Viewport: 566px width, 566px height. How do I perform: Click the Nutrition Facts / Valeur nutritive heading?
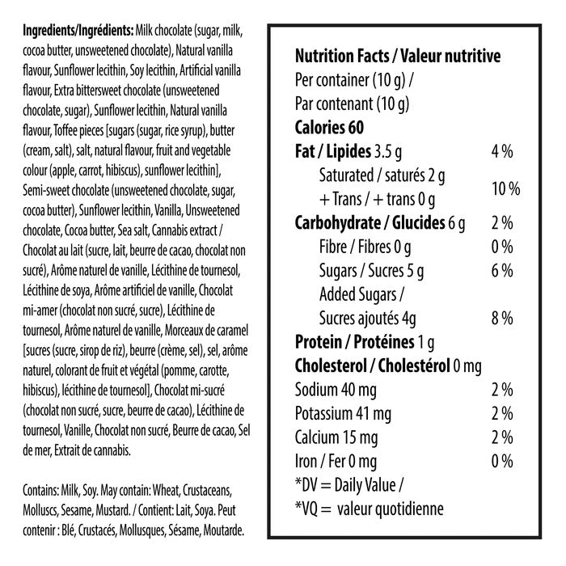tap(398, 57)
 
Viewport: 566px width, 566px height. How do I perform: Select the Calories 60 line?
tap(330, 128)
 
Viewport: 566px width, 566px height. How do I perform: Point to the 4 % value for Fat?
tap(502, 152)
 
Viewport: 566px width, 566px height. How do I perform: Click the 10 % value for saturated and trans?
tap(505, 188)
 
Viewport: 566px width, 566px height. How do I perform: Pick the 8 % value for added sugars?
tap(502, 318)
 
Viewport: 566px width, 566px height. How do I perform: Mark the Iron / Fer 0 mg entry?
tap(336, 461)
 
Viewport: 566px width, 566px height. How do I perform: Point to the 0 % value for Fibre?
tap(502, 247)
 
